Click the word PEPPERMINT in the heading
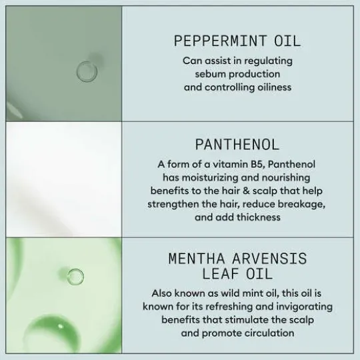click(x=220, y=41)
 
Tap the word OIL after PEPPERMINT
click(x=287, y=41)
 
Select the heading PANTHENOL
click(x=237, y=145)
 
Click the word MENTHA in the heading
click(x=197, y=258)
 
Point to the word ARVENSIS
click(x=269, y=258)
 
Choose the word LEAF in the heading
click(x=221, y=274)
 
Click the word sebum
click(x=210, y=74)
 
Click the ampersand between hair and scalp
click(x=246, y=191)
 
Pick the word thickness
click(x=259, y=217)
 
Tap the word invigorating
click(x=304, y=307)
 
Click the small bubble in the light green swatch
click(x=75, y=277)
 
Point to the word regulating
click(x=269, y=61)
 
